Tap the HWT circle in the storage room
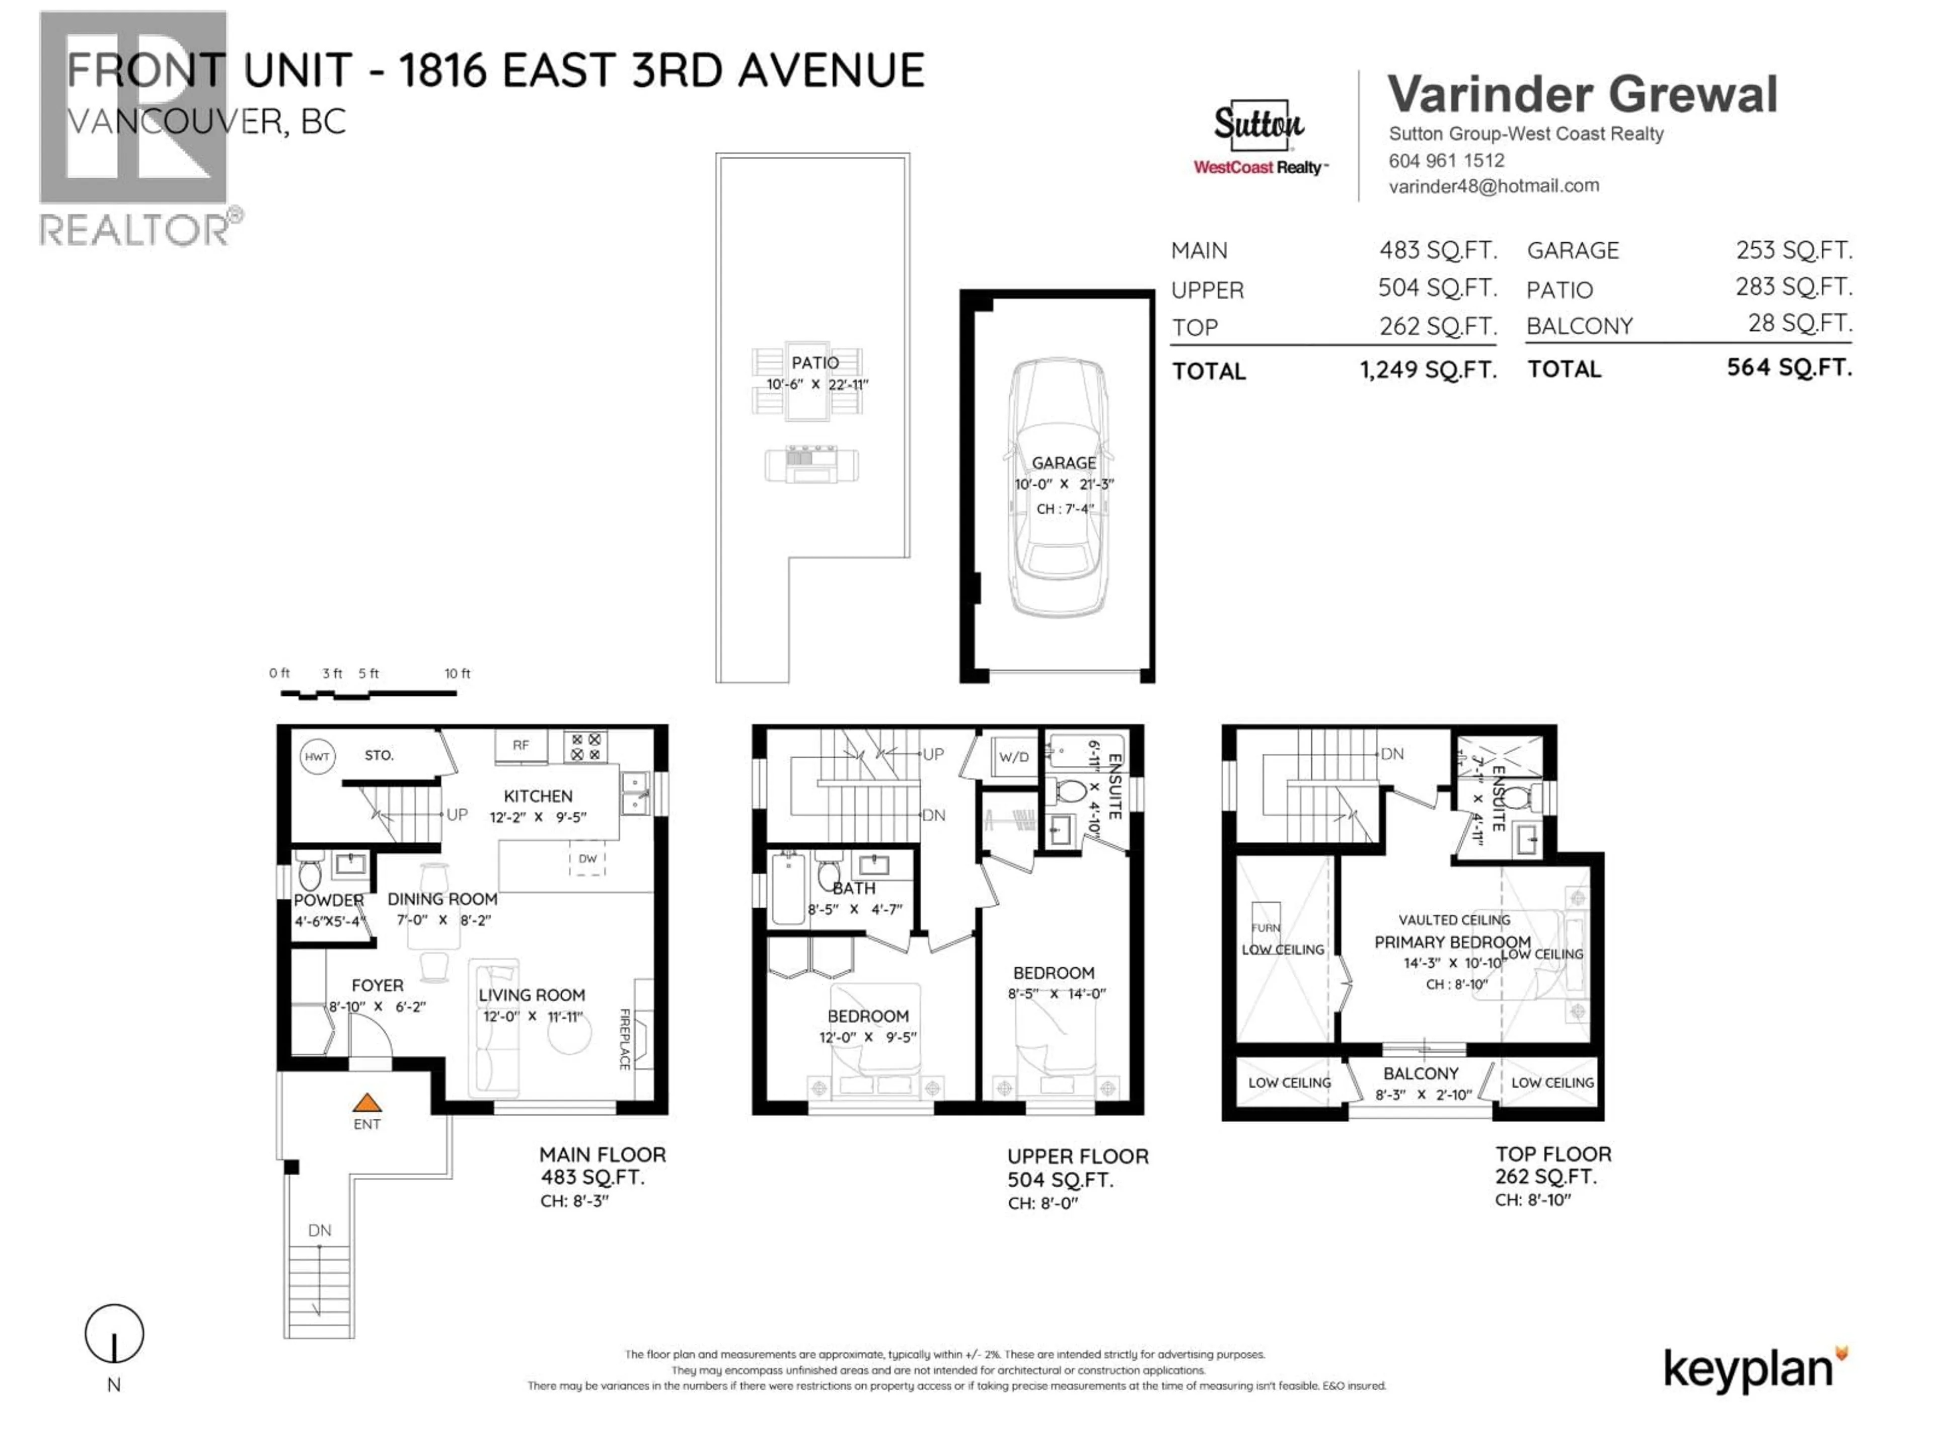[x=316, y=757]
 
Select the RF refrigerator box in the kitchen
[x=521, y=746]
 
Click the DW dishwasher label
[x=587, y=858]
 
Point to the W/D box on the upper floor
[x=1014, y=757]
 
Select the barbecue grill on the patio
[x=811, y=465]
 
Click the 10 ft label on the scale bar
[x=457, y=673]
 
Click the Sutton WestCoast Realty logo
[x=1259, y=138]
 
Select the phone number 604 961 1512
[x=1446, y=161]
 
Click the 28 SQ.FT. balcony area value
[x=1799, y=323]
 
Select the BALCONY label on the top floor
[x=1420, y=1073]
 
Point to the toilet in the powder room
[x=310, y=873]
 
